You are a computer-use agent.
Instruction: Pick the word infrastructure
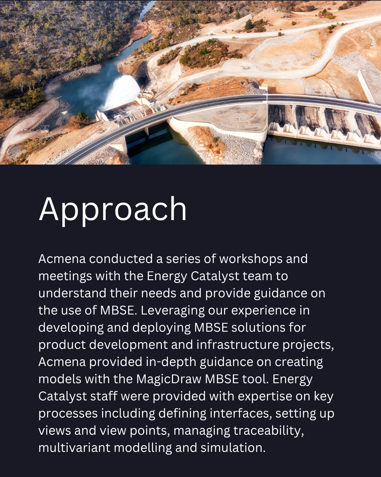coord(237,345)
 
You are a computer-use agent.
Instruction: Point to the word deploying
coord(162,328)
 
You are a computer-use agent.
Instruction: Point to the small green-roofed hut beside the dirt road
coord(45,128)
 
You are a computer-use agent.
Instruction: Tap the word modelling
coord(143,448)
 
